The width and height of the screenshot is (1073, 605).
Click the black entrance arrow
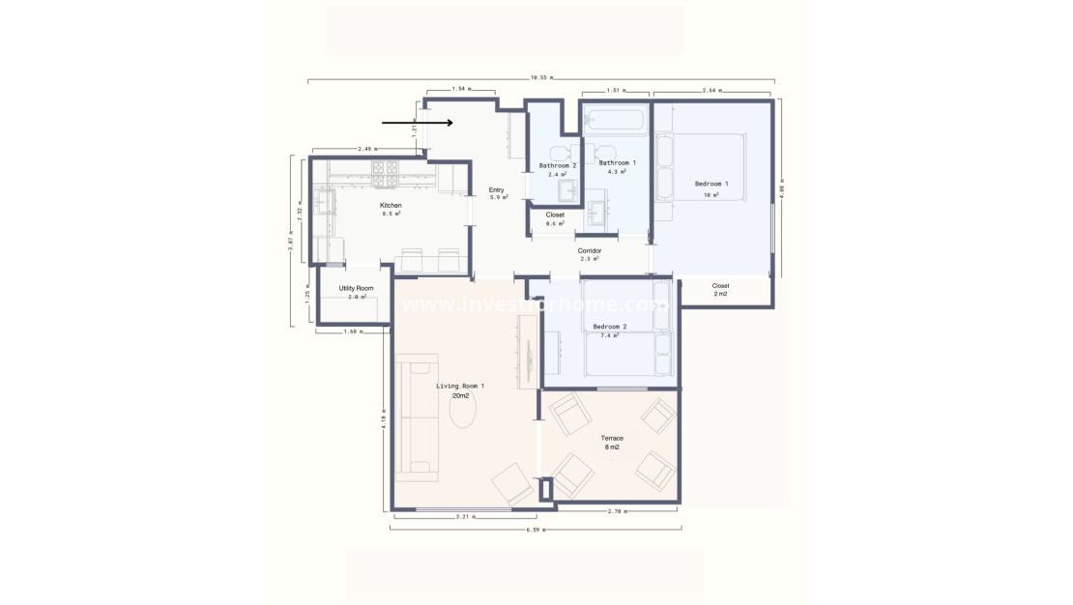click(x=417, y=123)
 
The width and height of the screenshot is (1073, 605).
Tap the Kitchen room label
click(x=391, y=206)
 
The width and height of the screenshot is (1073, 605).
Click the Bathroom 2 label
click(x=557, y=165)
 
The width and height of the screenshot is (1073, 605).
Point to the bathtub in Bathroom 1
click(x=615, y=122)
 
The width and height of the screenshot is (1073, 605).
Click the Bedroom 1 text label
click(x=710, y=184)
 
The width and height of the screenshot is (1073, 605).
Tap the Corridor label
click(x=590, y=251)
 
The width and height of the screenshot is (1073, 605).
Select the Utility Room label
click(x=355, y=289)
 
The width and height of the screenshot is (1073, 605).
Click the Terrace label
click(x=611, y=438)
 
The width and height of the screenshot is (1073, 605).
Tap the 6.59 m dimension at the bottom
click(x=536, y=530)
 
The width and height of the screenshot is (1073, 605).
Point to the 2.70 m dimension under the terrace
click(x=617, y=510)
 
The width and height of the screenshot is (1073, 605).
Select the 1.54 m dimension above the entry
click(x=460, y=89)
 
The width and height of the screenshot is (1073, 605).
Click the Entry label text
click(x=497, y=190)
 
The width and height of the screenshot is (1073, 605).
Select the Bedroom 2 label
click(x=610, y=327)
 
